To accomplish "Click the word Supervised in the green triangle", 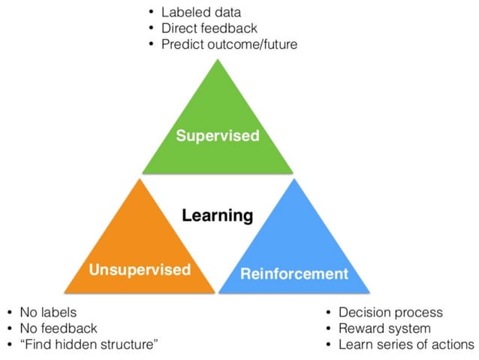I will pos(218,136).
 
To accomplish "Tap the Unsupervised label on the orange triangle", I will pos(140,269).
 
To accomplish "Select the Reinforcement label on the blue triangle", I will pos(294,273).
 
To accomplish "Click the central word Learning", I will pos(218,216).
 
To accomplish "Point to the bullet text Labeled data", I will pos(206,13).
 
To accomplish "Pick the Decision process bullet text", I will pos(390,312).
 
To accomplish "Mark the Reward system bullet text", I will pos(384,328).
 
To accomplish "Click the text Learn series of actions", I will pos(406,344).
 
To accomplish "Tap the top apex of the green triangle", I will pos(218,60).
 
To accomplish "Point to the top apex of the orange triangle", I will pos(140,179).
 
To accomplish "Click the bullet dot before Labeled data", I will pos(151,13).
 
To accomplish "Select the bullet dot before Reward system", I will pos(328,328).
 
